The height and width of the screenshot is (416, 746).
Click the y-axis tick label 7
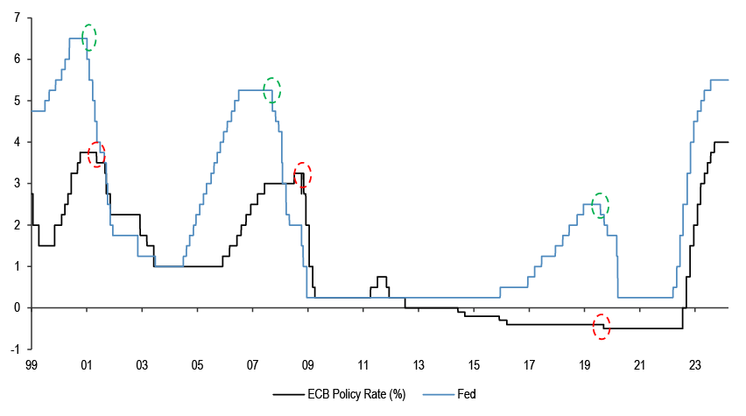click(x=18, y=18)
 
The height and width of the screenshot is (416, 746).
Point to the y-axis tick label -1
click(x=16, y=349)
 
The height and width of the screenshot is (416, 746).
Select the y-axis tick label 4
click(x=18, y=142)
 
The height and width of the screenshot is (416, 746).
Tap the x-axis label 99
click(x=31, y=364)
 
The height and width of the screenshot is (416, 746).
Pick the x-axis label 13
click(x=419, y=364)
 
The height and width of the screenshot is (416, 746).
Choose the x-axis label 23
click(x=696, y=364)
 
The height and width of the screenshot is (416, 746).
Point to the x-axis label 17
click(x=530, y=364)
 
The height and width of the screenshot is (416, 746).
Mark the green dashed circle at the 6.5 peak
click(x=88, y=37)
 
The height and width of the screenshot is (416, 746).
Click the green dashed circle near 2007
click(x=272, y=89)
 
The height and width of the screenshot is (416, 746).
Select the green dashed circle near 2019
click(x=600, y=206)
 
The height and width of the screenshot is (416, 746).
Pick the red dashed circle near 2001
click(x=96, y=153)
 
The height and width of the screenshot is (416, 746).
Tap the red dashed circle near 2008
click(x=303, y=175)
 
